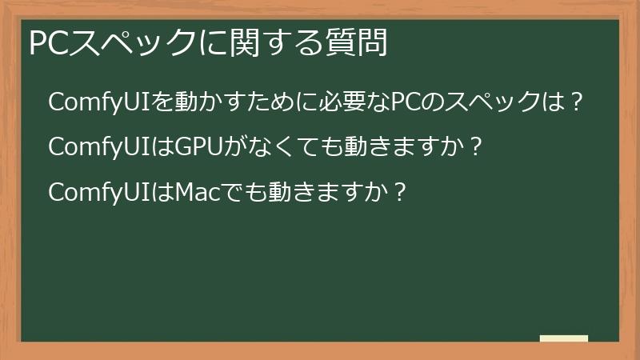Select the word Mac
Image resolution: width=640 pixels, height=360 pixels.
pos(200,193)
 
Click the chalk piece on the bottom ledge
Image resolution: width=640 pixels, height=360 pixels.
pos(564,338)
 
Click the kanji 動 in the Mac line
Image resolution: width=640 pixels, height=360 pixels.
pos(282,193)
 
